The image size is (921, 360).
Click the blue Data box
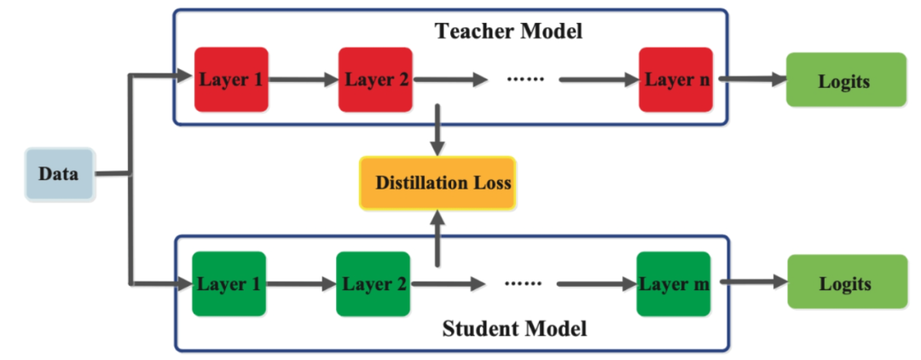tap(58, 174)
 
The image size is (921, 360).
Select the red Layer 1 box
tap(230, 80)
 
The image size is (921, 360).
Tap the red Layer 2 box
tap(375, 80)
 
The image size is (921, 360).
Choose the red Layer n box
tap(675, 80)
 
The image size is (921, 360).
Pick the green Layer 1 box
tap(229, 283)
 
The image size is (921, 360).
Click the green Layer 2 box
tap(374, 283)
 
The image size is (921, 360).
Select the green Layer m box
tap(674, 283)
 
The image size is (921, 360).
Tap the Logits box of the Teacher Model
tap(844, 81)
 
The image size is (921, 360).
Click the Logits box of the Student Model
tap(844, 284)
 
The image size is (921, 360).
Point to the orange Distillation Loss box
tap(438, 183)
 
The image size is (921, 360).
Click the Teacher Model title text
tap(508, 32)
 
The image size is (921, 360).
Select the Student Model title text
tap(514, 328)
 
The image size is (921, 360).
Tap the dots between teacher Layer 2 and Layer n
tap(524, 79)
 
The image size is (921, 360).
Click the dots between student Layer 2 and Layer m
tap(523, 283)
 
